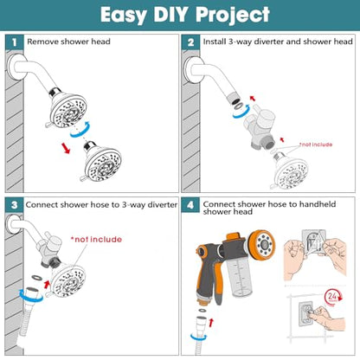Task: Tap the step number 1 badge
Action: pyautogui.click(x=14, y=42)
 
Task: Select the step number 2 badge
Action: pyautogui.click(x=190, y=42)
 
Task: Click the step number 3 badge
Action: pyautogui.click(x=14, y=205)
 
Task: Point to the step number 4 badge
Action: pyautogui.click(x=190, y=205)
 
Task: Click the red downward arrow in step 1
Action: pyautogui.click(x=66, y=148)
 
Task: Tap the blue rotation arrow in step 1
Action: pyautogui.click(x=80, y=130)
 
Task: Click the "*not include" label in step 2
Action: pyautogui.click(x=316, y=145)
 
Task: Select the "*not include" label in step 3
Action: pyautogui.click(x=96, y=240)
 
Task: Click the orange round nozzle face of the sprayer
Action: pyautogui.click(x=261, y=246)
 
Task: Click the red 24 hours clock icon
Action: pyautogui.click(x=332, y=297)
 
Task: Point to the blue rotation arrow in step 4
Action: pyautogui.click(x=198, y=337)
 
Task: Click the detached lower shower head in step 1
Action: pyautogui.click(x=101, y=163)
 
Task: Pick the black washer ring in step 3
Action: pyautogui.click(x=37, y=278)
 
